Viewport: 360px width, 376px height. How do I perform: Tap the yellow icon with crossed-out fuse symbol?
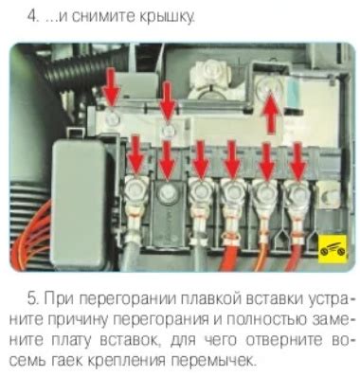click(332, 249)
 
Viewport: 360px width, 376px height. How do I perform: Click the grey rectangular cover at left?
click(79, 206)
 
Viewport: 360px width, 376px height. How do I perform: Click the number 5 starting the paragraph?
click(32, 299)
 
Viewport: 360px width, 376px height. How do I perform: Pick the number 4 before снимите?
click(31, 16)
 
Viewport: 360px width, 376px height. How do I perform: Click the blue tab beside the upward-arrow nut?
click(294, 94)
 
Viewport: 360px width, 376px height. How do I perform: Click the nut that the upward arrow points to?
click(269, 86)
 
